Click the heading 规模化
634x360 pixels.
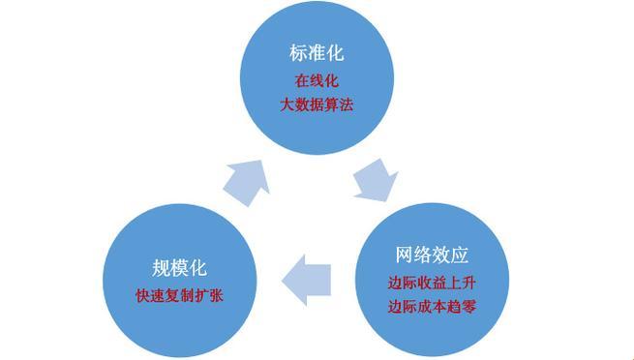tap(180, 268)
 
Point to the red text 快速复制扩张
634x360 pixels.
tap(180, 294)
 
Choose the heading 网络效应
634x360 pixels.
tap(432, 256)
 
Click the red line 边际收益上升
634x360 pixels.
tap(432, 284)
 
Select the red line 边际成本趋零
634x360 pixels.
tap(432, 307)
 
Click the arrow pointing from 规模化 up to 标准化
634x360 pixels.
tap(247, 180)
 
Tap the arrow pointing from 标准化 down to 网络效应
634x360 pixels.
tap(375, 180)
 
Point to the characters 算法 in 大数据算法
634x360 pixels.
tap(338, 104)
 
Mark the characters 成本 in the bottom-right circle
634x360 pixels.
tap(432, 307)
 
